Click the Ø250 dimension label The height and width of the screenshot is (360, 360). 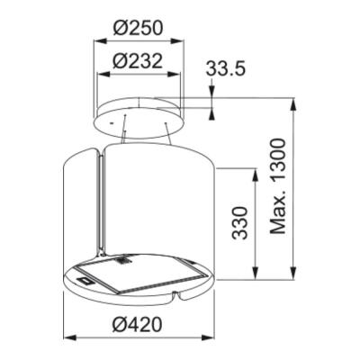pos(139,28)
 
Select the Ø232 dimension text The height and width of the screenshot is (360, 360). pos(138,61)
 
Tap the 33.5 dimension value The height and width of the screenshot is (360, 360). pos(225,69)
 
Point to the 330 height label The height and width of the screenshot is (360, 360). pos(240,222)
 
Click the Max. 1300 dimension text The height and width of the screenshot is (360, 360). pos(277,186)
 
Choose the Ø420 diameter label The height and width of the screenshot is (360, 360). pos(138,324)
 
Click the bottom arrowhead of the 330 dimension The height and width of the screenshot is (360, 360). pos(255,273)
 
